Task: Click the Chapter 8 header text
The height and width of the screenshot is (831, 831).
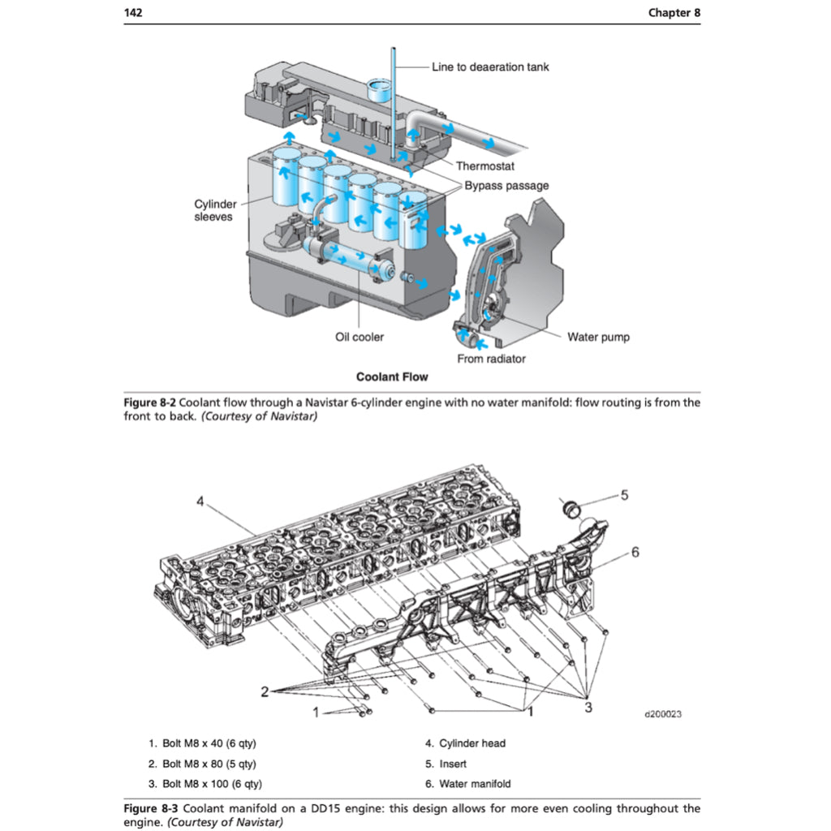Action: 674,13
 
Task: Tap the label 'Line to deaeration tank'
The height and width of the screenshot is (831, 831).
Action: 489,67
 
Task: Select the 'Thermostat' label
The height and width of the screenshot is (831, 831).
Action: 484,166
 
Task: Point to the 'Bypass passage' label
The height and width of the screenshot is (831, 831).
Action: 506,186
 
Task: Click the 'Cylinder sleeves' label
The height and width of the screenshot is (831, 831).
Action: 213,211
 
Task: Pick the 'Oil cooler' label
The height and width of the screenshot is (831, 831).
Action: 360,337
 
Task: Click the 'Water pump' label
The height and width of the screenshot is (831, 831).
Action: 598,337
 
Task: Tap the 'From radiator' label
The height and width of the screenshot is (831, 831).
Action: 491,359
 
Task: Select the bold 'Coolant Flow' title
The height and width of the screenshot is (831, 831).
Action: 392,377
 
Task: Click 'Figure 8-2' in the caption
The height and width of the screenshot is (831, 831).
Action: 149,403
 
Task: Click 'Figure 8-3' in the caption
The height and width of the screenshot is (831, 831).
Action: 149,808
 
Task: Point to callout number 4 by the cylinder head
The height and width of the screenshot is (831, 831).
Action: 200,501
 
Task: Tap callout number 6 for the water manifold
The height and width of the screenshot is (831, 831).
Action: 635,552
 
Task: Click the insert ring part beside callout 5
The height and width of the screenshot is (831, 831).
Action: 571,508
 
